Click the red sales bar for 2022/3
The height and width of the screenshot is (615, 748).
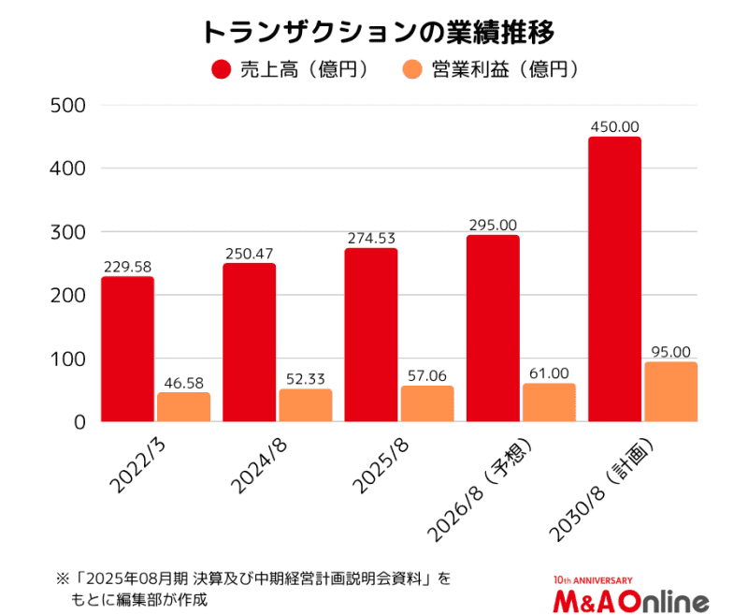127,349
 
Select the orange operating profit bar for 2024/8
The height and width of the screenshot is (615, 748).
305,405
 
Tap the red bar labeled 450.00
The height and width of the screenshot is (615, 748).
614,279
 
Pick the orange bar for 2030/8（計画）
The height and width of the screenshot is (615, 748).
670,392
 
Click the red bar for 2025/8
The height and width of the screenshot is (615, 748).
370,335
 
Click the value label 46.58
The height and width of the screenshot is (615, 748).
184,384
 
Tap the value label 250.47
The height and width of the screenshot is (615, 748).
249,254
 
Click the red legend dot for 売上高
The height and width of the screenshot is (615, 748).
222,69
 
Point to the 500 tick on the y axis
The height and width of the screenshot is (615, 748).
66,105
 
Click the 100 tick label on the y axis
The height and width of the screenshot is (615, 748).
66,359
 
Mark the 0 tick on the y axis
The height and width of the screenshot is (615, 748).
79,422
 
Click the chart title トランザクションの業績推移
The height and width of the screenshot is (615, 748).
374,32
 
